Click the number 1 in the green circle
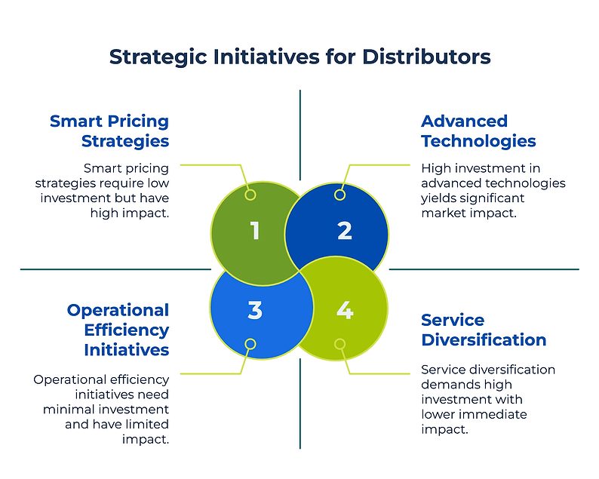click(255, 231)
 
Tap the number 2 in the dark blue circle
click(345, 231)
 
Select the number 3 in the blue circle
click(255, 309)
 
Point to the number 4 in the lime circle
click(345, 309)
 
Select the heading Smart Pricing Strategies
click(109, 130)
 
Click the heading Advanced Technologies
click(478, 130)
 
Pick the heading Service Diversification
click(484, 330)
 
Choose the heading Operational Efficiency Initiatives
click(118, 330)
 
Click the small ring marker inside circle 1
click(251, 195)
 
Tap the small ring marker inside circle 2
click(339, 195)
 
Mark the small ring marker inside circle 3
click(251, 344)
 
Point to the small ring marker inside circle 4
click(339, 344)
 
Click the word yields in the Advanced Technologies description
click(438, 198)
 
